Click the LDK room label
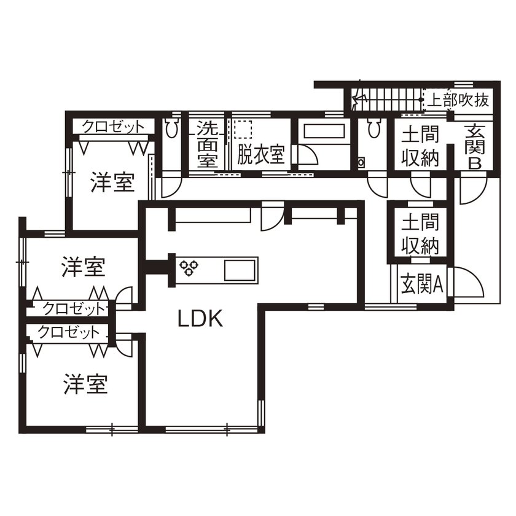200,318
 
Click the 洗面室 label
207,144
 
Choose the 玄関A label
423,285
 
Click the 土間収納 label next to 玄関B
421,146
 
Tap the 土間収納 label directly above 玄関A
421,233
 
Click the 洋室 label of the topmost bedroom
112,182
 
